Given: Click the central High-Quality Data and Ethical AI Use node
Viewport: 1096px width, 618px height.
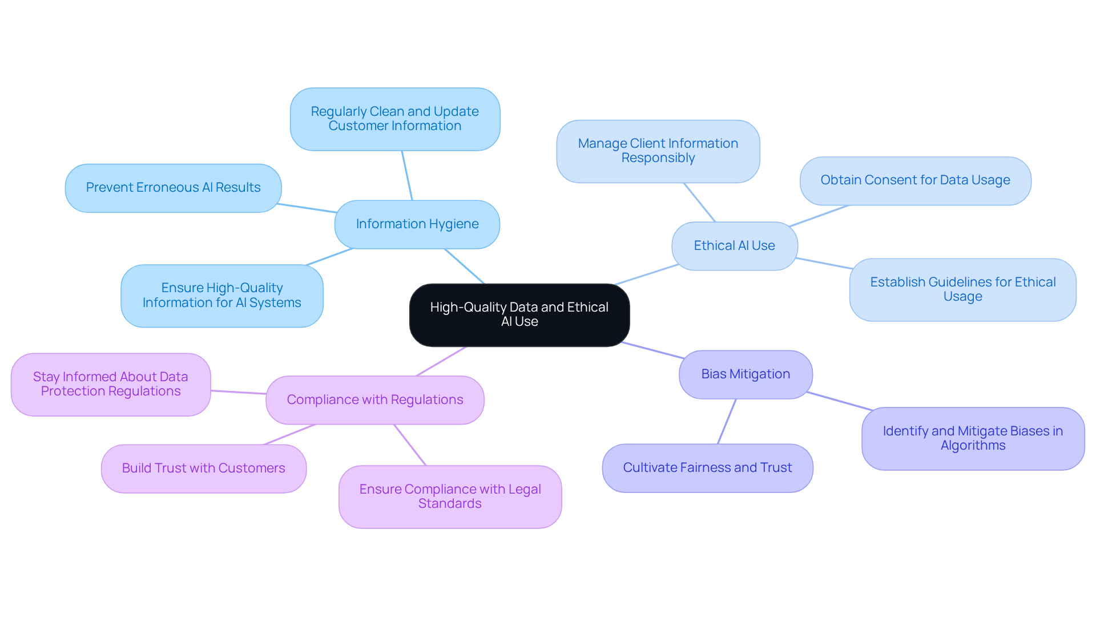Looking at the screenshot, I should point(519,315).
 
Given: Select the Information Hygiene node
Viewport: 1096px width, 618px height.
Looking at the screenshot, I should point(417,224).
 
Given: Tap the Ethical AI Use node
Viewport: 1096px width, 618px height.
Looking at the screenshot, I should point(734,246).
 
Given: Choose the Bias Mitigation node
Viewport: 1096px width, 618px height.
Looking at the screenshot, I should point(746,374).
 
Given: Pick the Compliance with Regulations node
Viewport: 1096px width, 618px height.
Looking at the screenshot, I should point(375,400).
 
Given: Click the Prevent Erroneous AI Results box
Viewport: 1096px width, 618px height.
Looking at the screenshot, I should point(173,188).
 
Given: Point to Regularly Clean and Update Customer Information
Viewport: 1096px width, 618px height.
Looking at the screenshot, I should point(395,119).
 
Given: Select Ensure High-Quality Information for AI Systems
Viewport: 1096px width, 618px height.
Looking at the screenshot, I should point(222,296).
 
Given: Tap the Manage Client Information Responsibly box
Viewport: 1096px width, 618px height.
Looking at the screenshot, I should point(658,151).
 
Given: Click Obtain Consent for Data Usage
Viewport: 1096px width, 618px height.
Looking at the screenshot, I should point(915,180).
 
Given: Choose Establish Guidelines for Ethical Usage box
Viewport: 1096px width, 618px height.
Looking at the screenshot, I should point(962,289).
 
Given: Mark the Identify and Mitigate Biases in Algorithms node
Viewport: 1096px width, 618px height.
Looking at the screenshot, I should point(973,438).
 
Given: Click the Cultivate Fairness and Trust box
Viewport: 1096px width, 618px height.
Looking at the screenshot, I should point(707,468).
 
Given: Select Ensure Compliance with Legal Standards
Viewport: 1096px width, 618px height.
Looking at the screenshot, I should point(450,496).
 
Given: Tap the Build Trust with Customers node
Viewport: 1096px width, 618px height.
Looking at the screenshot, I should point(204,468).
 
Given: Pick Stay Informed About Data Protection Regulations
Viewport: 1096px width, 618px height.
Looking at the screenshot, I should point(111,384).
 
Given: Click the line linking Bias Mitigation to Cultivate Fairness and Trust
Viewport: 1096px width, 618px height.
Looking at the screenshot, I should point(727,422).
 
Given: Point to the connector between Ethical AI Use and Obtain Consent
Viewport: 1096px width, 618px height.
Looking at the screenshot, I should point(819,216).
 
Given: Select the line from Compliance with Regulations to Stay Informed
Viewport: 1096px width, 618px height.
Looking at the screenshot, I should point(239,392).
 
